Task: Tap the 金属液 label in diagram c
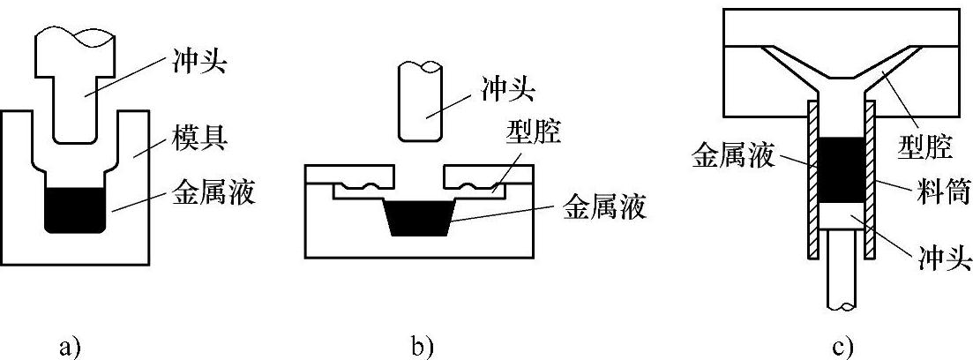[x=733, y=156]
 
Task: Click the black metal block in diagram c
[x=842, y=170]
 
